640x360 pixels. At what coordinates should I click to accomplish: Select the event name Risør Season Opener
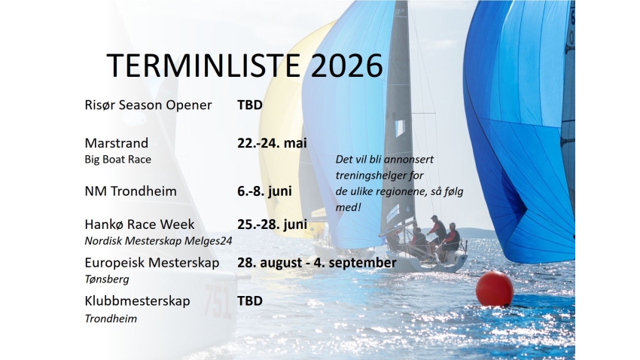click(x=148, y=105)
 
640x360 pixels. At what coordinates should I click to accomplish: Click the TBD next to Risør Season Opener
click(x=250, y=105)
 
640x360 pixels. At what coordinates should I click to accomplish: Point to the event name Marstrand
click(x=117, y=143)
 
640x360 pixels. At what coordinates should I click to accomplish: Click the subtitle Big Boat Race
click(x=118, y=160)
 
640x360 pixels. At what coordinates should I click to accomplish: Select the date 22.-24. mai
click(x=272, y=143)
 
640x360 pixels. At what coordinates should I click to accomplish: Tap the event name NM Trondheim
click(x=131, y=191)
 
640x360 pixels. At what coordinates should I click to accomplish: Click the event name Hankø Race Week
click(x=140, y=224)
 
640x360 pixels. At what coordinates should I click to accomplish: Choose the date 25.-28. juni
click(x=272, y=224)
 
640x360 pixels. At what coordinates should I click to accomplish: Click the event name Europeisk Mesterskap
click(x=152, y=263)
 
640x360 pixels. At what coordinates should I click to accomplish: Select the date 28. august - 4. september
click(x=316, y=263)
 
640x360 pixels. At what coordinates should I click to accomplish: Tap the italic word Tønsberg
click(x=107, y=279)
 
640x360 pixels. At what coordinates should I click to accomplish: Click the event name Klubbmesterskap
click(x=138, y=301)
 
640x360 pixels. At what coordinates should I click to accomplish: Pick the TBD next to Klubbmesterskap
click(x=250, y=301)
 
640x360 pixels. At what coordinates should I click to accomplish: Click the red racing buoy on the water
click(x=495, y=289)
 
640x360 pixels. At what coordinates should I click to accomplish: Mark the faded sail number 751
click(x=218, y=301)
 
